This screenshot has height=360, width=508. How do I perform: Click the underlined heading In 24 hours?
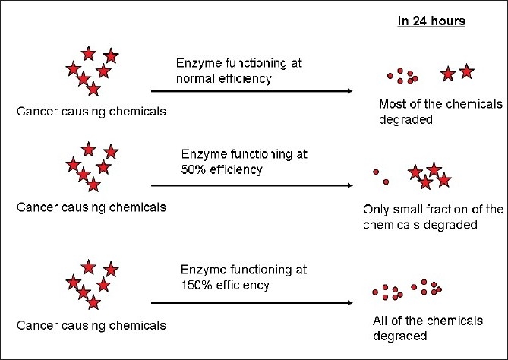431,21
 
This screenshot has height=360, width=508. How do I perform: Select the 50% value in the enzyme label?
194,169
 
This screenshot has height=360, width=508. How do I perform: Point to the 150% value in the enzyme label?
197,286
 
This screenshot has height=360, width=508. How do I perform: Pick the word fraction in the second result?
451,210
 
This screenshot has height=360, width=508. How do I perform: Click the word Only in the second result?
377,210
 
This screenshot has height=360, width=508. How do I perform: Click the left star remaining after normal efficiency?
448,73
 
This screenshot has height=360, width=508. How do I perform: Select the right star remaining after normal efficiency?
466,71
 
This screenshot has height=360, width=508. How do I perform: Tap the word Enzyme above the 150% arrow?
200,270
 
